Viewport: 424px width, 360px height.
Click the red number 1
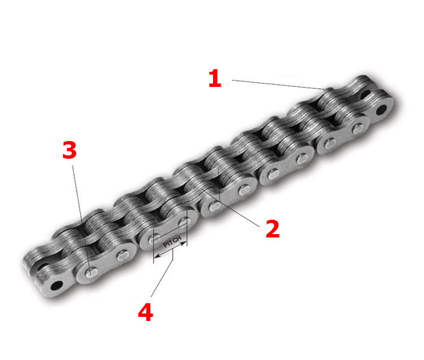tap(215, 78)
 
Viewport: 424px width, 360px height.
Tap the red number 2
tap(273, 229)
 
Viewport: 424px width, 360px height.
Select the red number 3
tap(69, 150)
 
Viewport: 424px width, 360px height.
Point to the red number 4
tap(145, 312)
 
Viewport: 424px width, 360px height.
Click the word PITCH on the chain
tap(172, 242)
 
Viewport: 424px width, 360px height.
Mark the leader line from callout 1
tap(278, 84)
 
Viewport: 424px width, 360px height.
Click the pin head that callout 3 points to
tap(91, 272)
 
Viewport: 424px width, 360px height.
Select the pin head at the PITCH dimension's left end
tap(154, 240)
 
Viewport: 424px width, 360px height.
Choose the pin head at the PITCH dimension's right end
tap(184, 222)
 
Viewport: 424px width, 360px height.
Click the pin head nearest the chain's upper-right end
tap(358, 129)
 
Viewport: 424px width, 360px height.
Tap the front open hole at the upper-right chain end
tap(382, 110)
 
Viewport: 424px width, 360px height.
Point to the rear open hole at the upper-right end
tap(365, 94)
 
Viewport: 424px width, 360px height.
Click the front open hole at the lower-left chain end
tap(57, 285)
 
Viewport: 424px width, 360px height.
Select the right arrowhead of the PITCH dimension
tap(184, 244)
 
